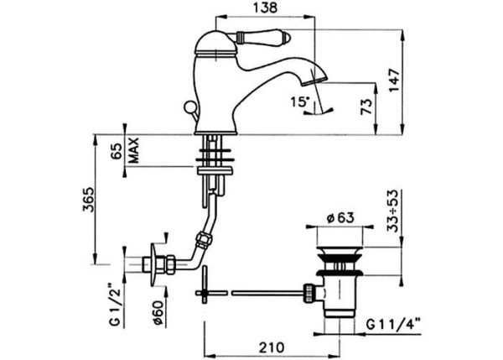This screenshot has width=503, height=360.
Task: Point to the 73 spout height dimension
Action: pos(366,106)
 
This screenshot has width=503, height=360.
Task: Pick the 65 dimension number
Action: pos(117,151)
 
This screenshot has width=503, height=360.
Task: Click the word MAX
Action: pos(133,151)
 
